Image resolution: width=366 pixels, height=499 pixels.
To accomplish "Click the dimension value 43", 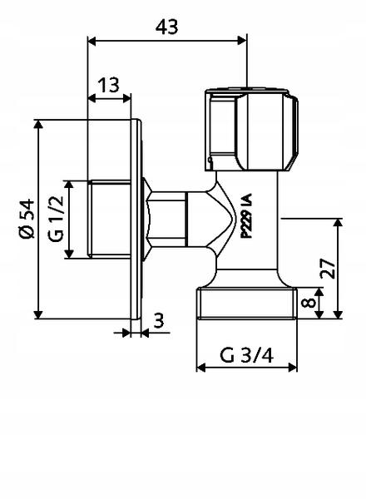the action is coord(166,27).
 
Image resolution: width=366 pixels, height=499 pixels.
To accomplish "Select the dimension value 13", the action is coord(108,85).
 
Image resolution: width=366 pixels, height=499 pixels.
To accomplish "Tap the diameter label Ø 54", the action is coord(27,219).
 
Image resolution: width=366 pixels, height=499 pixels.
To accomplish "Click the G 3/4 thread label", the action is coord(247,355).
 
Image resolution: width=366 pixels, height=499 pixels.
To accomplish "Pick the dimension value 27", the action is coord(328,269).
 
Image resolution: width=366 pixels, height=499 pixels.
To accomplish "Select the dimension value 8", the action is coord(309,303).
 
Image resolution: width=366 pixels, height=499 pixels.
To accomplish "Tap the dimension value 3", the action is coord(159,321).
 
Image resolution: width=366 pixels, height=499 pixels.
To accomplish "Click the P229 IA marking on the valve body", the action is coord(246,215).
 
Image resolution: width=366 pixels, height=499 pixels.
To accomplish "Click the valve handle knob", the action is coord(251,130).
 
